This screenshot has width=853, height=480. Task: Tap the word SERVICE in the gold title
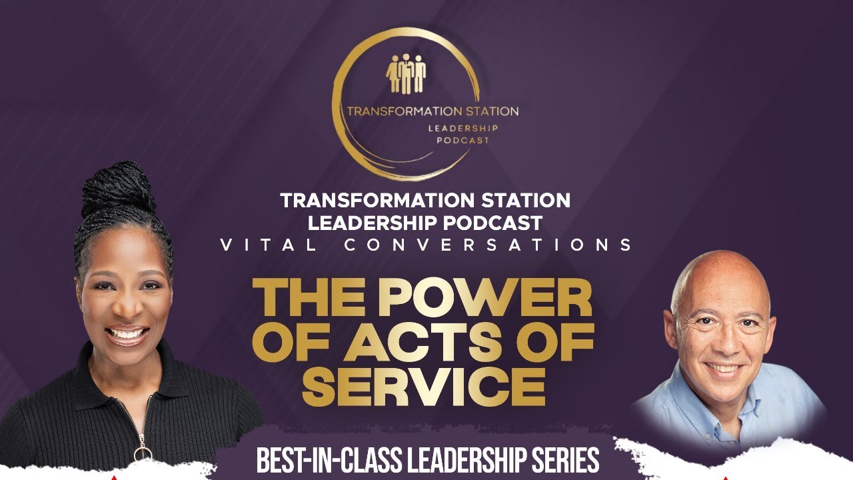pos(423,383)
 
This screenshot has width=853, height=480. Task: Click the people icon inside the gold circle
pos(406,73)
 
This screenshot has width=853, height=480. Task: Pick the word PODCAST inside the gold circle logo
pos(463,141)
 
